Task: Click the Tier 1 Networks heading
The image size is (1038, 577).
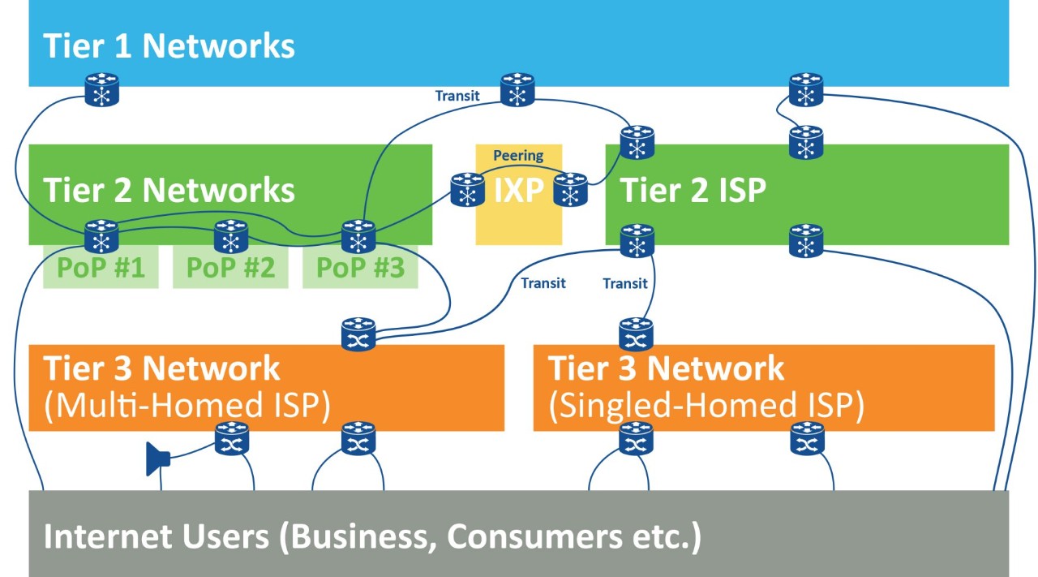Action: tap(169, 46)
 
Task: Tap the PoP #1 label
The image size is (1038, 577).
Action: tap(102, 268)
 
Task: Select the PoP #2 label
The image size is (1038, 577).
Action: tap(231, 268)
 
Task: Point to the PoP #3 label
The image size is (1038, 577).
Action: tap(360, 268)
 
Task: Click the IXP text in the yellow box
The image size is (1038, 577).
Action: tap(518, 192)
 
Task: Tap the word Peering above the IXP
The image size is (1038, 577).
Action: tap(518, 155)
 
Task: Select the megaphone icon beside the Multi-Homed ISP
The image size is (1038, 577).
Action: tap(157, 459)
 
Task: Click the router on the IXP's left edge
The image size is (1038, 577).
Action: tap(467, 189)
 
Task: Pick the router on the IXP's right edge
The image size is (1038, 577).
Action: tap(570, 189)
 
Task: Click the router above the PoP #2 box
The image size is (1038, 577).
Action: tap(231, 237)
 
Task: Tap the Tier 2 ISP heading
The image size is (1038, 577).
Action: tap(693, 191)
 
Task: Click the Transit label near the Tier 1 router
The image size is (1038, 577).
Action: tap(457, 96)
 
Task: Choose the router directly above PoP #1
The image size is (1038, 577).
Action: tap(102, 237)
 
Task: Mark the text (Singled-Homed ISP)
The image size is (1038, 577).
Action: tap(706, 406)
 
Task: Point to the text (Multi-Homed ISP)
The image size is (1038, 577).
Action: tap(187, 406)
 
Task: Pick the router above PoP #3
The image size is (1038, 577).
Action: tap(358, 237)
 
